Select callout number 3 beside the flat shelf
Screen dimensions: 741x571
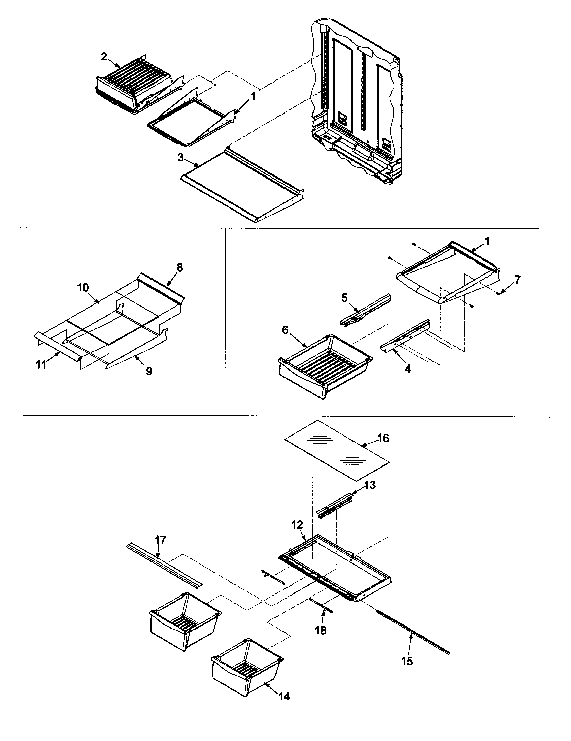(180, 157)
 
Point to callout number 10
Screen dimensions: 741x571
(83, 288)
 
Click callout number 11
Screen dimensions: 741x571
(41, 365)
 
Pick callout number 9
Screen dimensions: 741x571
(149, 371)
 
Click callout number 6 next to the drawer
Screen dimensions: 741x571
(285, 330)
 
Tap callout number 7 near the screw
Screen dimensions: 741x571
(517, 280)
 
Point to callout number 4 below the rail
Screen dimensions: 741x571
(408, 369)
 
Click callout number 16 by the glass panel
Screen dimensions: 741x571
(383, 438)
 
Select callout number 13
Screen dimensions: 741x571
(370, 485)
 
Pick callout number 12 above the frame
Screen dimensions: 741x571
(297, 525)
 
